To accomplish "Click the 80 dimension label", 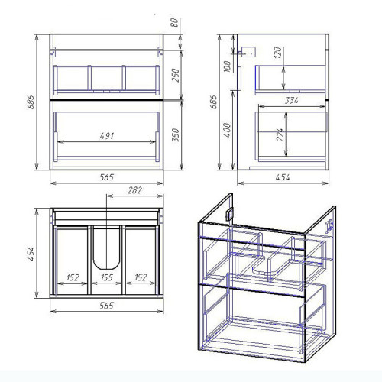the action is click(x=174, y=23).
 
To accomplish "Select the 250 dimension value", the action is click(x=176, y=75).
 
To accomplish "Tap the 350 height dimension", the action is click(x=176, y=135).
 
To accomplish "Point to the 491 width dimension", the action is click(x=107, y=136).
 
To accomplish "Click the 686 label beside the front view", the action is click(x=31, y=102).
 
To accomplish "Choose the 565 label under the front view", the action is click(x=106, y=177).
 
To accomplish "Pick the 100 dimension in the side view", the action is click(x=227, y=66).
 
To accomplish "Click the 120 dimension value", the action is click(x=278, y=53).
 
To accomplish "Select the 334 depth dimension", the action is click(x=291, y=101).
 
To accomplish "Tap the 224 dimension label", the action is click(x=280, y=134).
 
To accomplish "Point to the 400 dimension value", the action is click(x=227, y=130).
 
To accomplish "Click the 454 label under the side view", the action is click(x=283, y=177).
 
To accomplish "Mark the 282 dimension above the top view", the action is click(x=134, y=190).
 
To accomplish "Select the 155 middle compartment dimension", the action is click(x=106, y=277).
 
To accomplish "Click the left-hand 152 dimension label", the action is click(x=73, y=277).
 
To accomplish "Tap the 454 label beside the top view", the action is click(x=31, y=254).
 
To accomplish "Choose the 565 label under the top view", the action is click(x=106, y=306).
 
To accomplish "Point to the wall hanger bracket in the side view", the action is click(x=248, y=51).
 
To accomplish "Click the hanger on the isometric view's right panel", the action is click(x=329, y=225).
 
